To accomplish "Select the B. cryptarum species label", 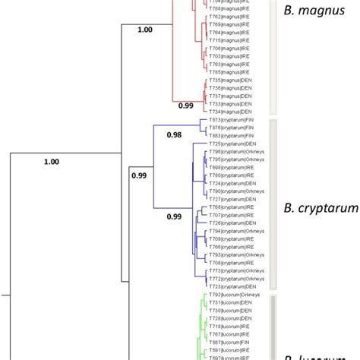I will pyautogui.click(x=319, y=208).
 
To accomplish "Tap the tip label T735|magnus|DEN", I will pyautogui.click(x=229, y=80).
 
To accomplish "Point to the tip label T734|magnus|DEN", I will pyautogui.click(x=229, y=112).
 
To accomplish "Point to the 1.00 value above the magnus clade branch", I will pyautogui.click(x=144, y=30).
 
